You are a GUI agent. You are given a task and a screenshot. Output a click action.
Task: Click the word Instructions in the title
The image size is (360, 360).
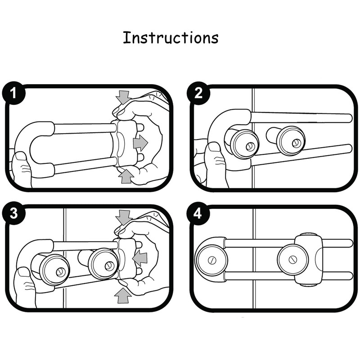pos(171,38)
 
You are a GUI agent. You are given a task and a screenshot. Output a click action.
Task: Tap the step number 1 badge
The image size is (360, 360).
pos(14,94)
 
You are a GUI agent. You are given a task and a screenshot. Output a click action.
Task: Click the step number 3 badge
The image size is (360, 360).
pos(14,213)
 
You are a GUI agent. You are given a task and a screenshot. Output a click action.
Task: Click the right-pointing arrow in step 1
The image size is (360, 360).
pos(140,143)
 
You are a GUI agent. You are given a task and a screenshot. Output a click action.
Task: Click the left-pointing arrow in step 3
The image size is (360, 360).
pos(140,258)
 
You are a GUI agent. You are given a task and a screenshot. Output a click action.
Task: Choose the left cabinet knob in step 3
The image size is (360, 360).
pos(54,270)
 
